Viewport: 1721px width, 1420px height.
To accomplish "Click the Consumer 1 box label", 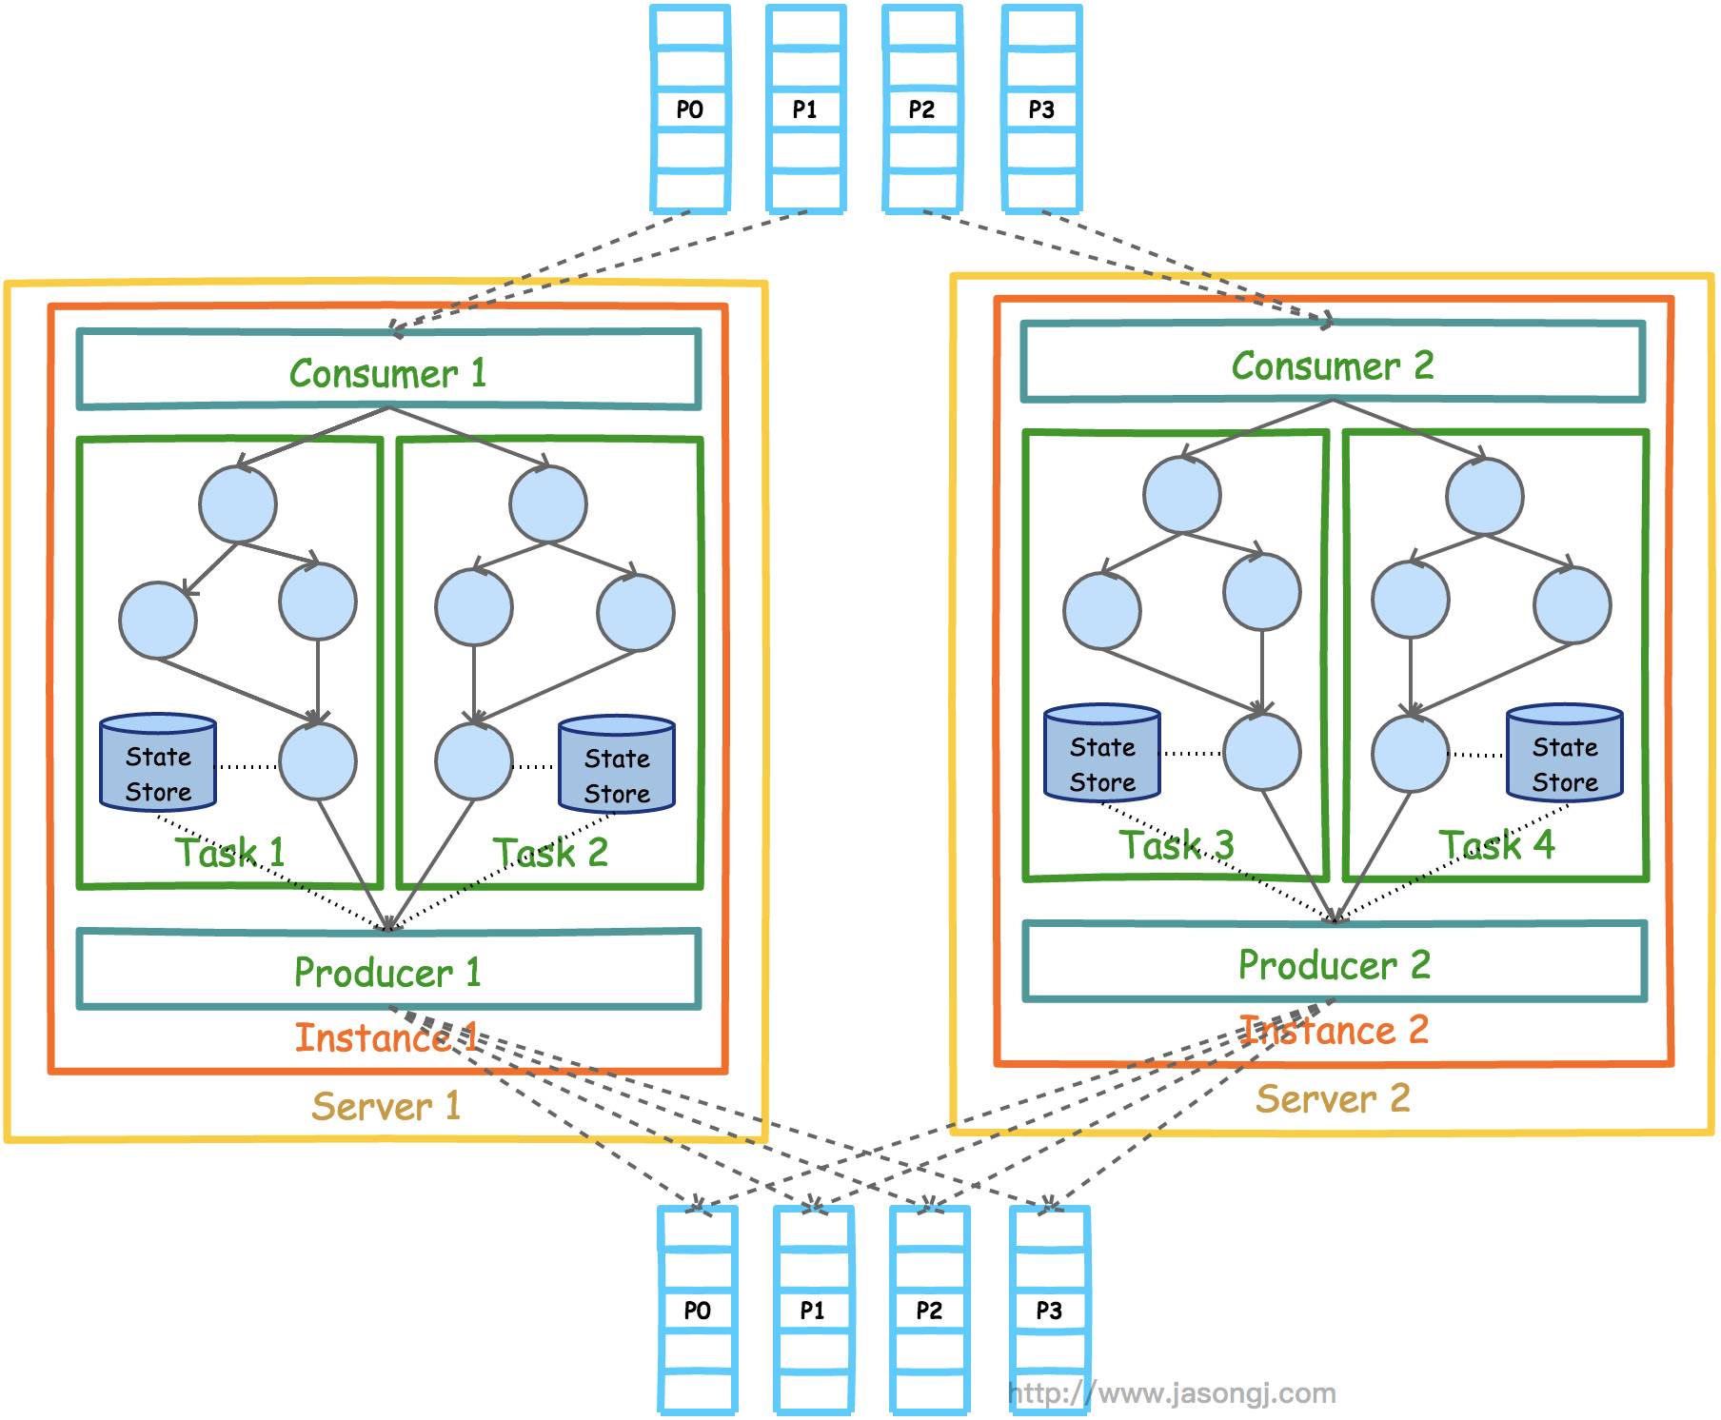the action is pyautogui.click(x=387, y=372).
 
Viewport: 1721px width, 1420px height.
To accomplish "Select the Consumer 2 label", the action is pyautogui.click(x=1333, y=365).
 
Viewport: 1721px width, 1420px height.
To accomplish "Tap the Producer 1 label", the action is pyautogui.click(x=387, y=972).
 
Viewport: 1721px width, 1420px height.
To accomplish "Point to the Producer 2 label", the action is pyautogui.click(x=1334, y=964).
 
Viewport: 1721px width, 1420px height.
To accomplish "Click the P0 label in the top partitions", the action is pyautogui.click(x=690, y=109).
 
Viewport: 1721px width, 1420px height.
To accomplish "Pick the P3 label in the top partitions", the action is pyautogui.click(x=1041, y=109).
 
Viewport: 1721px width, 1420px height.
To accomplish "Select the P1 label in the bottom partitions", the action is pyautogui.click(x=812, y=1311).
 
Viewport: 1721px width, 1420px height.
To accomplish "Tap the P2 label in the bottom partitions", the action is pyautogui.click(x=929, y=1311).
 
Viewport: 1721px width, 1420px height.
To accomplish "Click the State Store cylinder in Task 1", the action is pyautogui.click(x=158, y=762).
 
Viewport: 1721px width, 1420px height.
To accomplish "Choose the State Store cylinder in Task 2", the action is pyautogui.click(x=617, y=764).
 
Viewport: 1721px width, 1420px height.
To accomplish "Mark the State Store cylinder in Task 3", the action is pyautogui.click(x=1102, y=753).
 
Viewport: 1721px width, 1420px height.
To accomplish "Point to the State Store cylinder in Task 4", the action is pyautogui.click(x=1565, y=753).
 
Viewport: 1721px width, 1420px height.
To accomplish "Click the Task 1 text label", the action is pyautogui.click(x=229, y=852).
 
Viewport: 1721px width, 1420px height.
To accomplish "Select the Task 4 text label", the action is pyautogui.click(x=1496, y=844).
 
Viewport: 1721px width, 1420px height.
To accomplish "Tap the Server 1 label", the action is pyautogui.click(x=386, y=1106).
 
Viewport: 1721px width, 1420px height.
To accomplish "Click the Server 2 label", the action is pyautogui.click(x=1333, y=1098).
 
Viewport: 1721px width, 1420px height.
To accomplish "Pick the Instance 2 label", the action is pyautogui.click(x=1334, y=1030).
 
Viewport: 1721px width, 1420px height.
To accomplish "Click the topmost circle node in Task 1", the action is pyautogui.click(x=238, y=504).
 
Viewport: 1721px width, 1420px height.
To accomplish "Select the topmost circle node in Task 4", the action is pyautogui.click(x=1485, y=496).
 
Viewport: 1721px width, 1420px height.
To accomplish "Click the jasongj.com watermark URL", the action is pyautogui.click(x=1172, y=1393).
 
